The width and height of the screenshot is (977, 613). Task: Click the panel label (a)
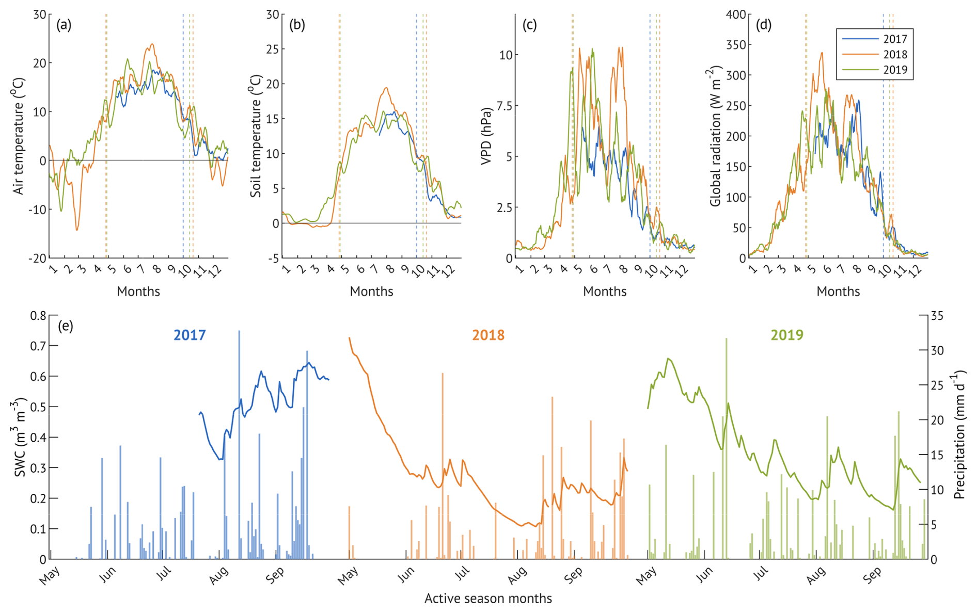point(64,25)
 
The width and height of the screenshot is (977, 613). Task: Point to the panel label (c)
point(530,25)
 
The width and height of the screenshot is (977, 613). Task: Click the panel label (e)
point(66,326)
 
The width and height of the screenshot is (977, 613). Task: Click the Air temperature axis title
point(19,136)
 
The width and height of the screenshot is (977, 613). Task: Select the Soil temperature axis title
point(256,136)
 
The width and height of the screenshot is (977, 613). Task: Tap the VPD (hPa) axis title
point(486,136)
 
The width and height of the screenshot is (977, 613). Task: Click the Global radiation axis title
point(716,136)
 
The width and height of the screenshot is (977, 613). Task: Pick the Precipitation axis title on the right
point(959,434)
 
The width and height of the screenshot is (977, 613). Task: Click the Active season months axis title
point(488,599)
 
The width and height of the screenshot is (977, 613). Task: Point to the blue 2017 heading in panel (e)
point(190,335)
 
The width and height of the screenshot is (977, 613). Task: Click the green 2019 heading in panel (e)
point(787,335)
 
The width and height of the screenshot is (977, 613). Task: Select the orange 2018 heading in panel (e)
point(488,335)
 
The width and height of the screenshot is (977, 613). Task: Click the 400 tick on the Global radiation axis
point(735,14)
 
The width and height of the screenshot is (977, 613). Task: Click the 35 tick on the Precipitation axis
point(937,316)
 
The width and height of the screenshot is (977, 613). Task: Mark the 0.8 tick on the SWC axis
point(38,315)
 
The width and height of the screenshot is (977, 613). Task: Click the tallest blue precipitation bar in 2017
point(239,444)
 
